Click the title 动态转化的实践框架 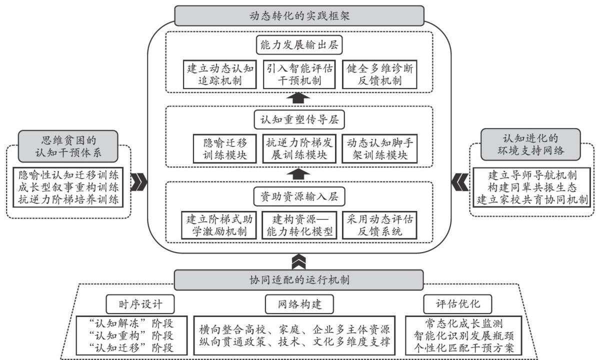[299, 15]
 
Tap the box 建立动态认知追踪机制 [220, 74]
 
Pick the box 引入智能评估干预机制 [299, 74]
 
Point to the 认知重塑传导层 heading [299, 120]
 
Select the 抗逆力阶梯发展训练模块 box [299, 148]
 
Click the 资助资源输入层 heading [299, 196]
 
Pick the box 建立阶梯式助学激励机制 [220, 225]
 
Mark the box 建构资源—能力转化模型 [299, 225]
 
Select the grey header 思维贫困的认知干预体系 [68, 144]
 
